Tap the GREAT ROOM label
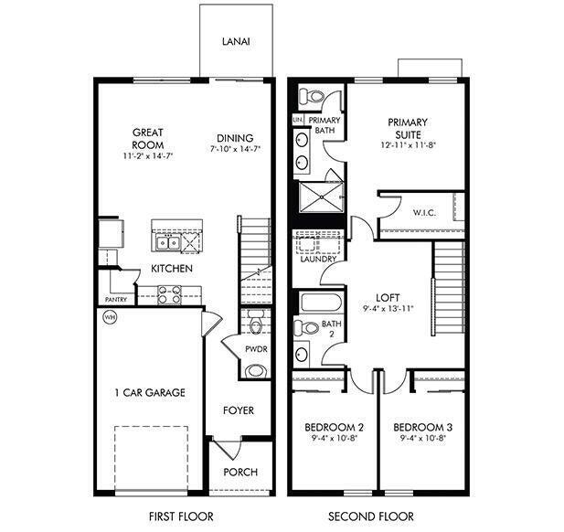coord(147,139)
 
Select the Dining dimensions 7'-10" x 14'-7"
coord(235,148)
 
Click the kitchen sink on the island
coord(166,242)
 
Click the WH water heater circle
coord(111,318)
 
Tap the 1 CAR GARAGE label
coord(150,393)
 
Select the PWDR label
coord(255,350)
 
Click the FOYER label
coord(239,410)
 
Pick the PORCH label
coord(240,472)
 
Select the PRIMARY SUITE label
coord(408,128)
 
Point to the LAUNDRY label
coord(316,259)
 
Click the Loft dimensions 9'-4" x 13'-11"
coord(389,309)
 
